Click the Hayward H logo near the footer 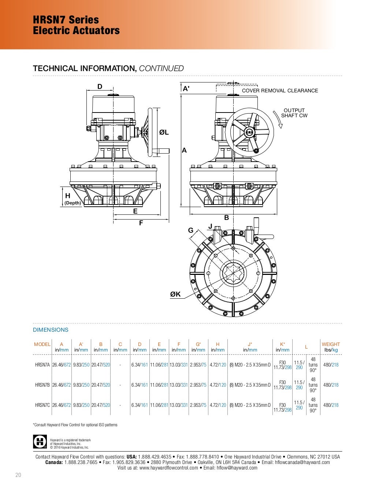click(40, 441)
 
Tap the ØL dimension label click(164, 132)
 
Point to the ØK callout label click(175, 294)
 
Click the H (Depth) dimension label click(73, 199)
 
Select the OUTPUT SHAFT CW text click(294, 113)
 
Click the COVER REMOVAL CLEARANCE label click(280, 91)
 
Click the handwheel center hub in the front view click(249, 133)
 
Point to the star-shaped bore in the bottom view click(233, 273)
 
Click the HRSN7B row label click(42, 385)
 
